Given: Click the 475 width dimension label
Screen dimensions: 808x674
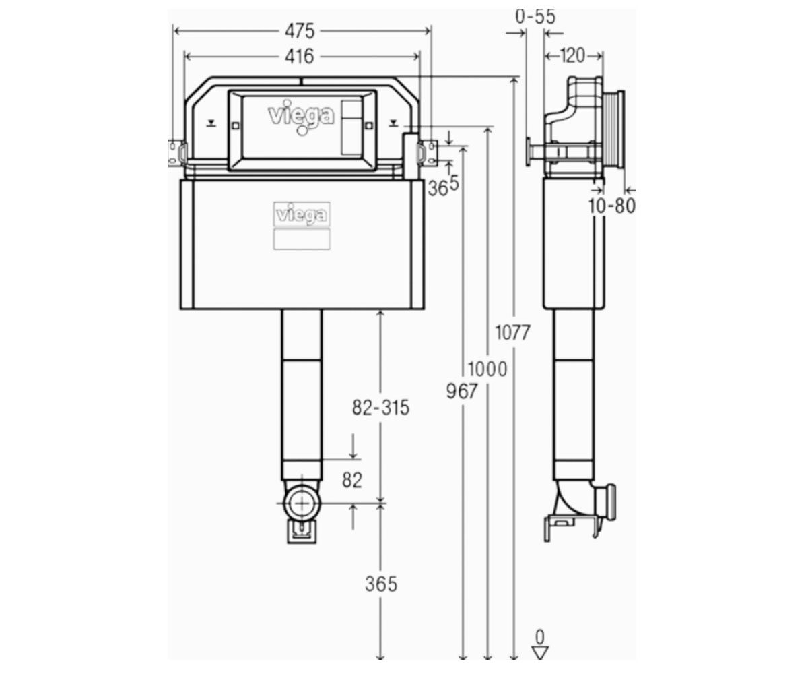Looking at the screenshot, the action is [300, 31].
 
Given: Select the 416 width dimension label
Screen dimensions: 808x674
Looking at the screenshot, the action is [299, 57].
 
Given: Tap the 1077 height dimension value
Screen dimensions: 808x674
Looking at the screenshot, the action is [512, 333].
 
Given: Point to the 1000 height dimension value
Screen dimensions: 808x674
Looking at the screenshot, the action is [487, 369].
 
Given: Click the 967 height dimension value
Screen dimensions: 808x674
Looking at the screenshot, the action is [462, 391].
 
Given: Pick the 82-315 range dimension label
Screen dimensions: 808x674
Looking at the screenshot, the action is [380, 408].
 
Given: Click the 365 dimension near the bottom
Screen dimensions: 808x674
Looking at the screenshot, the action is [381, 584].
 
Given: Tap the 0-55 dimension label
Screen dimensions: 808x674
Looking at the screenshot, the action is [535, 16].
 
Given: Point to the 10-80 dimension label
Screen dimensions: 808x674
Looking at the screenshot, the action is [612, 206].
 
